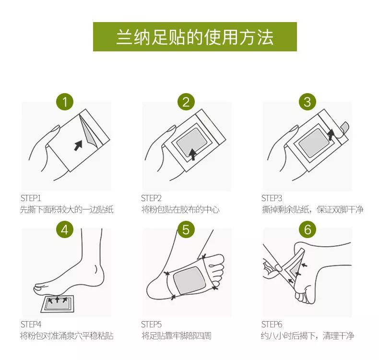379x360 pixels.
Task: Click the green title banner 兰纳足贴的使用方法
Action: (x=195, y=37)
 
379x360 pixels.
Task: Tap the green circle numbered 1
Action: (x=65, y=102)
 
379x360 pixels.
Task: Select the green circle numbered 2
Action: (x=186, y=102)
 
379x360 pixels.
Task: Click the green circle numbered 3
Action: (x=307, y=102)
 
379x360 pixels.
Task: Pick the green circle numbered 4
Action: (x=65, y=229)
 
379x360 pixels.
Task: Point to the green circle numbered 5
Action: (x=186, y=229)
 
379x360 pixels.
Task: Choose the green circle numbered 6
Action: (x=307, y=229)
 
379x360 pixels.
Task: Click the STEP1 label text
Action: (x=31, y=198)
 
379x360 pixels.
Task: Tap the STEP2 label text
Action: (x=151, y=198)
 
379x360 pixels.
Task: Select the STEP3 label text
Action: (x=272, y=198)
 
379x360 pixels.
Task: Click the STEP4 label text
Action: (x=31, y=324)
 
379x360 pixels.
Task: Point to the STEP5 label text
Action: (x=151, y=324)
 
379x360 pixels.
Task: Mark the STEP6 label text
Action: (x=272, y=324)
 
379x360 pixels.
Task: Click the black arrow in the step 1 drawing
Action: (x=78, y=145)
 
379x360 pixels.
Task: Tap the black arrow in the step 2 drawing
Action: (x=192, y=154)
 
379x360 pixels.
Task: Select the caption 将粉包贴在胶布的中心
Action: (x=180, y=209)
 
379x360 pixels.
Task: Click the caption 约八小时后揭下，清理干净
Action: (x=308, y=336)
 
